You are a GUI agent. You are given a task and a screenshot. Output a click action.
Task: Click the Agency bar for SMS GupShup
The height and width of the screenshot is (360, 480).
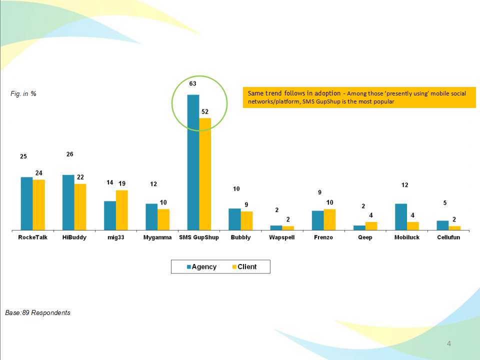193,162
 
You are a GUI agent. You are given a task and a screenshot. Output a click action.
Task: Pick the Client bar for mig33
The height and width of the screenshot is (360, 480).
122,210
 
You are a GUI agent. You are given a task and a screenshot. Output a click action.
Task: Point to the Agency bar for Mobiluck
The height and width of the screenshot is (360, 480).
401,217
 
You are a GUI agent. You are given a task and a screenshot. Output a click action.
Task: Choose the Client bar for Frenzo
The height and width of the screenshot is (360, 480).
329,219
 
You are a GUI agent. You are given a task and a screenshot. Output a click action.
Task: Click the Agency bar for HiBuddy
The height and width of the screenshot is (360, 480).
68,202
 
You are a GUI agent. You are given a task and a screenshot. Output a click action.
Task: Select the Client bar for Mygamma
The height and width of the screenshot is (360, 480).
163,219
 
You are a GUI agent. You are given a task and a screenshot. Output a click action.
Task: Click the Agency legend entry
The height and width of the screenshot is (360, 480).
201,267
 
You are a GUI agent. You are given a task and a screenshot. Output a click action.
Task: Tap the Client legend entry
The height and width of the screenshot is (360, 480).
243,267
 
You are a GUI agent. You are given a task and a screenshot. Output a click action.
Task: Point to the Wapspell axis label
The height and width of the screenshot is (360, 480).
282,237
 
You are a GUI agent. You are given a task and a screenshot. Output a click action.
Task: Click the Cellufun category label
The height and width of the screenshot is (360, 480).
448,237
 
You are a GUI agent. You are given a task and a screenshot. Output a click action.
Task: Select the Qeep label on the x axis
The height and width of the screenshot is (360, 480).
365,237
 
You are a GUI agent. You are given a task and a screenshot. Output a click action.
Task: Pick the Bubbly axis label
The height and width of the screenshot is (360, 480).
240,237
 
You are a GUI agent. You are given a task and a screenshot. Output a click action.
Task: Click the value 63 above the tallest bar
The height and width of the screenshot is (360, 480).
192,84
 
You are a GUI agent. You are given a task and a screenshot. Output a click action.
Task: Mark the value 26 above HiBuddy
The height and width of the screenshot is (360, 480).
70,154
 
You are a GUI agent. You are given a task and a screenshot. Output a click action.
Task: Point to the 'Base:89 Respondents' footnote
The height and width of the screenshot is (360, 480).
38,313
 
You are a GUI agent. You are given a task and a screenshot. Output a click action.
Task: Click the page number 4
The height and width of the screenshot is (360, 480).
449,343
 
